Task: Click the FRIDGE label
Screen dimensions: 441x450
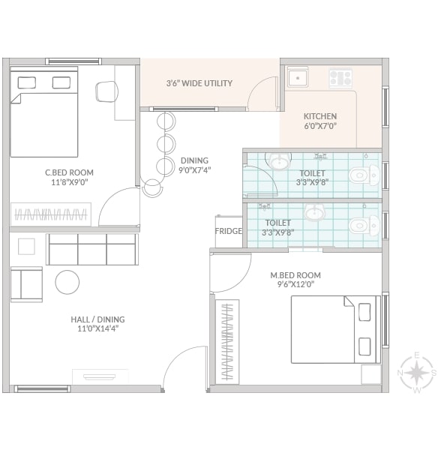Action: pyautogui.click(x=229, y=231)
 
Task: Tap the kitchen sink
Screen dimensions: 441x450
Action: pyautogui.click(x=298, y=77)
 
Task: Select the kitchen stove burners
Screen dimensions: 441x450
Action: pyautogui.click(x=340, y=77)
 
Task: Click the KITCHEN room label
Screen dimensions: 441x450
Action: pyautogui.click(x=320, y=116)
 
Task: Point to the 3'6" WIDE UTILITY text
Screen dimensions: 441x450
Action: pyautogui.click(x=199, y=83)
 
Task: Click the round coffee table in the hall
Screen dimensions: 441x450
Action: pyautogui.click(x=67, y=282)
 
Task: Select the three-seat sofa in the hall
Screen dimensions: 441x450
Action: pyautogui.click(x=92, y=249)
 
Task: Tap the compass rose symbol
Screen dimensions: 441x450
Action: pyautogui.click(x=418, y=373)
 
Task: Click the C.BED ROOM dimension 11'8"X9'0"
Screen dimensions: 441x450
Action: pyautogui.click(x=70, y=182)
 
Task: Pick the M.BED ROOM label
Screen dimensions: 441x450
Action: pyautogui.click(x=295, y=275)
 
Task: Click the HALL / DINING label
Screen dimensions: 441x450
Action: pyautogui.click(x=97, y=319)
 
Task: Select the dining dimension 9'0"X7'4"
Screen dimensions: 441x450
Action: pyautogui.click(x=195, y=170)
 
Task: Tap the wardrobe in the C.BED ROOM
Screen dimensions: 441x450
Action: pyautogui.click(x=51, y=214)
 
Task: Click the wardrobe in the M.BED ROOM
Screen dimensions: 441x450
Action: pyautogui.click(x=227, y=341)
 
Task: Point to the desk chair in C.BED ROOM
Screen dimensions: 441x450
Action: pyautogui.click(x=106, y=91)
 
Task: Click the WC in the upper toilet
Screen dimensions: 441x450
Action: pyautogui.click(x=364, y=175)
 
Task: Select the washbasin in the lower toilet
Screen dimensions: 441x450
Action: pyautogui.click(x=314, y=213)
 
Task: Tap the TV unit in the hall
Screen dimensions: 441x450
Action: pyautogui.click(x=100, y=376)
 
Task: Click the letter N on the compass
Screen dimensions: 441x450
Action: pyautogui.click(x=400, y=373)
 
